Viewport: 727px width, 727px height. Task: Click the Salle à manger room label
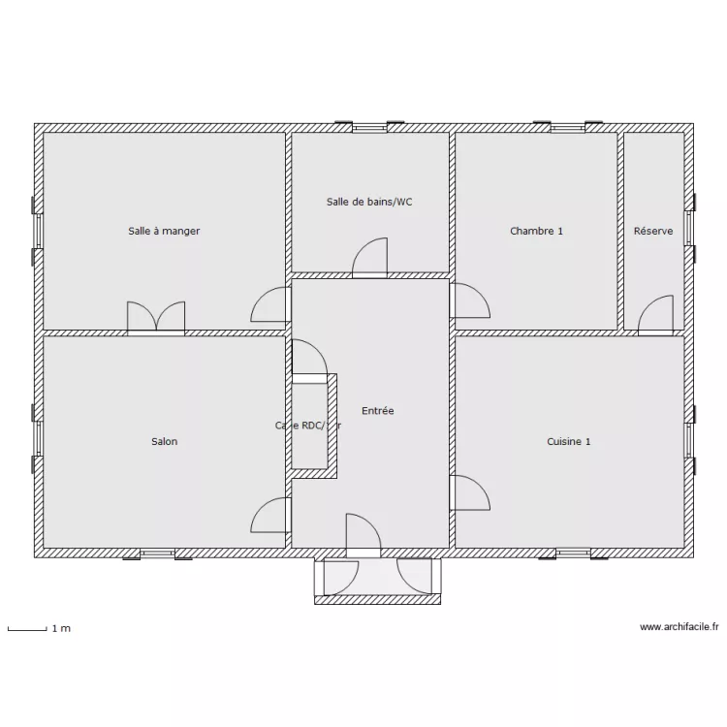click(x=164, y=231)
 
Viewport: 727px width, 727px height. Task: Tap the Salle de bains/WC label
click(x=369, y=202)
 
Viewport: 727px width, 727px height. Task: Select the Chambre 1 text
click(x=536, y=231)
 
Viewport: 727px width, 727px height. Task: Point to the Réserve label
click(x=653, y=231)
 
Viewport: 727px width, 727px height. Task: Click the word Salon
click(x=164, y=442)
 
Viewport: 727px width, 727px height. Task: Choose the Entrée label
click(x=377, y=411)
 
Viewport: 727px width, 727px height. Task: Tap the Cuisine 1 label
click(x=568, y=442)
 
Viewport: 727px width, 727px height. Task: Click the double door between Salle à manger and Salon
click(x=156, y=318)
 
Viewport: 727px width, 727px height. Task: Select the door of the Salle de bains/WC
click(x=369, y=259)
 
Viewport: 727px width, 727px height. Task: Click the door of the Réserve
click(x=656, y=315)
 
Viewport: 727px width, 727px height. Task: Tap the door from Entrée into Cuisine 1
click(x=469, y=492)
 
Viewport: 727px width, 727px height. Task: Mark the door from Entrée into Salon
click(x=270, y=516)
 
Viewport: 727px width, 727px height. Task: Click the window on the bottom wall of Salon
click(x=156, y=553)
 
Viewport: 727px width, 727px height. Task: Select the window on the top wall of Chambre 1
click(x=567, y=127)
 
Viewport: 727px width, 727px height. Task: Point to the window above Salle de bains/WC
click(x=369, y=127)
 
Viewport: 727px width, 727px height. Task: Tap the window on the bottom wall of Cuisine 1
click(x=573, y=553)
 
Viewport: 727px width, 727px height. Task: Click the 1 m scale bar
click(x=28, y=630)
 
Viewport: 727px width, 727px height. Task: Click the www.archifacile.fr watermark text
click(x=679, y=628)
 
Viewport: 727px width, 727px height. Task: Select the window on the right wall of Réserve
click(x=689, y=229)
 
